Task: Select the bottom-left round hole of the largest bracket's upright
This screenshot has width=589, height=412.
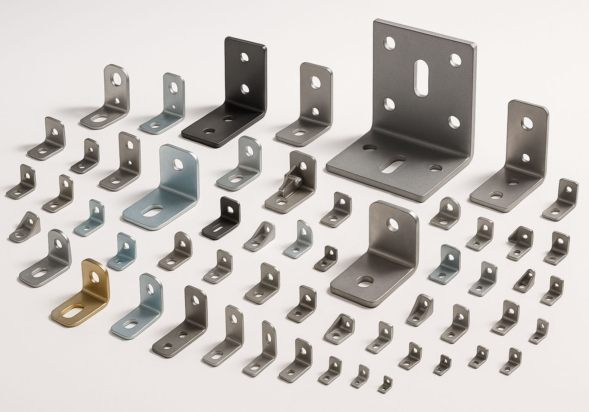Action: [389, 103]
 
